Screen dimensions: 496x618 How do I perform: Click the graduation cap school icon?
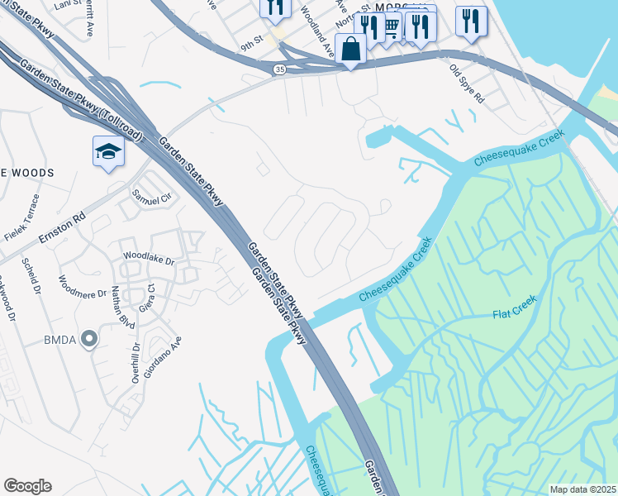coord(108,151)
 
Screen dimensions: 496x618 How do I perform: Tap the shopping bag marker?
coord(351,48)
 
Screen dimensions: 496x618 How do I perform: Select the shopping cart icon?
coord(391,28)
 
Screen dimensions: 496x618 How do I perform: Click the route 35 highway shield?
coord(280,71)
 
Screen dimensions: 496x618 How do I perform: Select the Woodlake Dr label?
coord(149,260)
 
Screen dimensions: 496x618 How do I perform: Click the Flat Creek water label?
coord(514,307)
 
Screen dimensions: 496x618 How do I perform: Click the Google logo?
coord(27,486)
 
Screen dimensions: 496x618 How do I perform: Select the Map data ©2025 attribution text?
coord(582,489)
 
